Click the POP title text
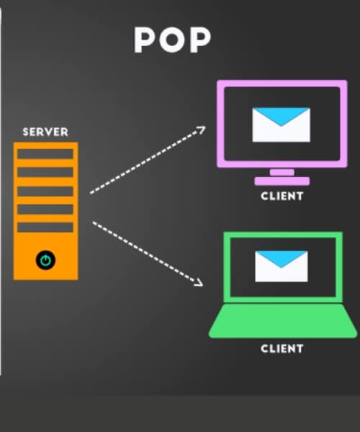tap(172, 40)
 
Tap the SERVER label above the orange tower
tap(45, 132)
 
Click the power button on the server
tap(45, 260)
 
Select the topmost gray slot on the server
tap(45, 154)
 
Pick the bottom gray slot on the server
tap(45, 228)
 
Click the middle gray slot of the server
tap(45, 192)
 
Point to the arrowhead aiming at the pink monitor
tap(201, 130)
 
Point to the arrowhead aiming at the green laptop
tap(199, 283)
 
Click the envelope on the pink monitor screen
tap(282, 125)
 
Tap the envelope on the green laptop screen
tap(282, 266)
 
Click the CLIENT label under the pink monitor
tap(282, 196)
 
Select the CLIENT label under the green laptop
tap(282, 348)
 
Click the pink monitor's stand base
tap(282, 181)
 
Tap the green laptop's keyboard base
tap(283, 321)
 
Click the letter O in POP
tap(172, 40)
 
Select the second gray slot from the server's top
tap(45, 172)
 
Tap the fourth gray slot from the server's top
tap(45, 210)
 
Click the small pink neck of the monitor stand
tap(282, 173)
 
